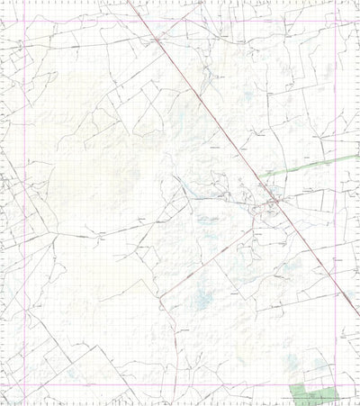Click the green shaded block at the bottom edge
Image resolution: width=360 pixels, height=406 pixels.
(314, 393)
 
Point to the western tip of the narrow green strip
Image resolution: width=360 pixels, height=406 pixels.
(262, 174)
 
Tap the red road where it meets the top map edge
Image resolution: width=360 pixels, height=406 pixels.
(127, 1)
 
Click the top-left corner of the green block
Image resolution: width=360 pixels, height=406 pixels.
(292, 383)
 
